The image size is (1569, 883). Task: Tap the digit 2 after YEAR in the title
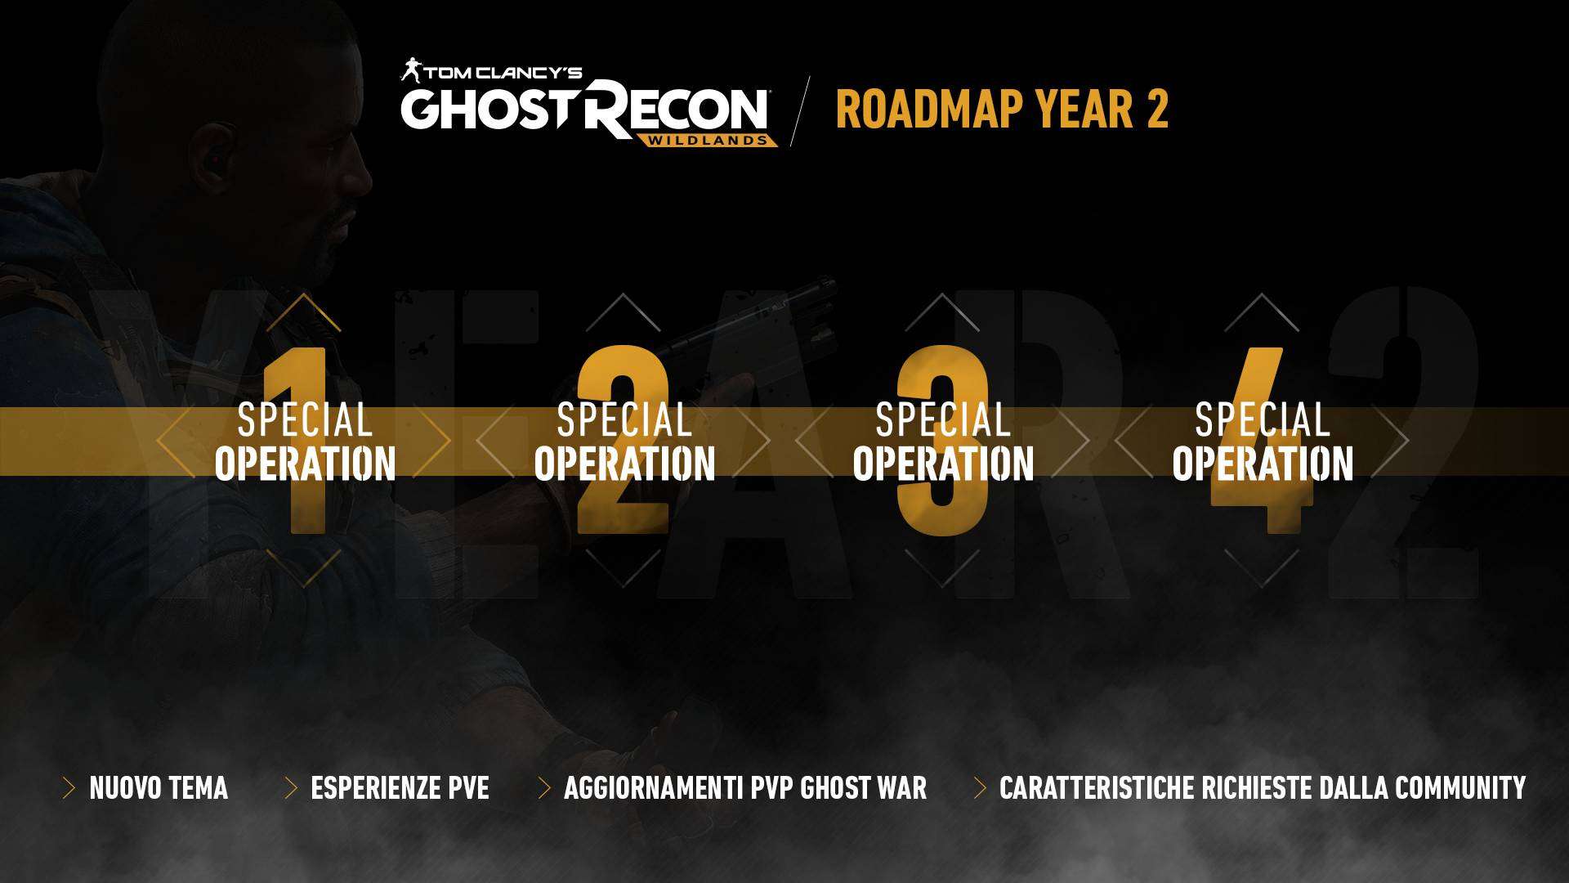click(x=1157, y=110)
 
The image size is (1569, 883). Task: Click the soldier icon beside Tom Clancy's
click(x=410, y=70)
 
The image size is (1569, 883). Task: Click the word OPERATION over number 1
click(x=306, y=464)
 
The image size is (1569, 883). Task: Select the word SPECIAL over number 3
click(x=943, y=420)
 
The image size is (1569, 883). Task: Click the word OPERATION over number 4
click(x=1263, y=464)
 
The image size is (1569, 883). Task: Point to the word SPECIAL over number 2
click(x=624, y=420)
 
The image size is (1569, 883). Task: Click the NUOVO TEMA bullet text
click(x=159, y=788)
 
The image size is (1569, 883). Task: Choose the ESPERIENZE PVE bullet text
click(x=400, y=788)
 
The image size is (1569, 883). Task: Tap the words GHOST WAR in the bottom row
click(x=863, y=788)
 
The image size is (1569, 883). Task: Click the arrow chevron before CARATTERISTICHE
click(x=981, y=788)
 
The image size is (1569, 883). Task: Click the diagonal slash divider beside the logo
click(x=800, y=111)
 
